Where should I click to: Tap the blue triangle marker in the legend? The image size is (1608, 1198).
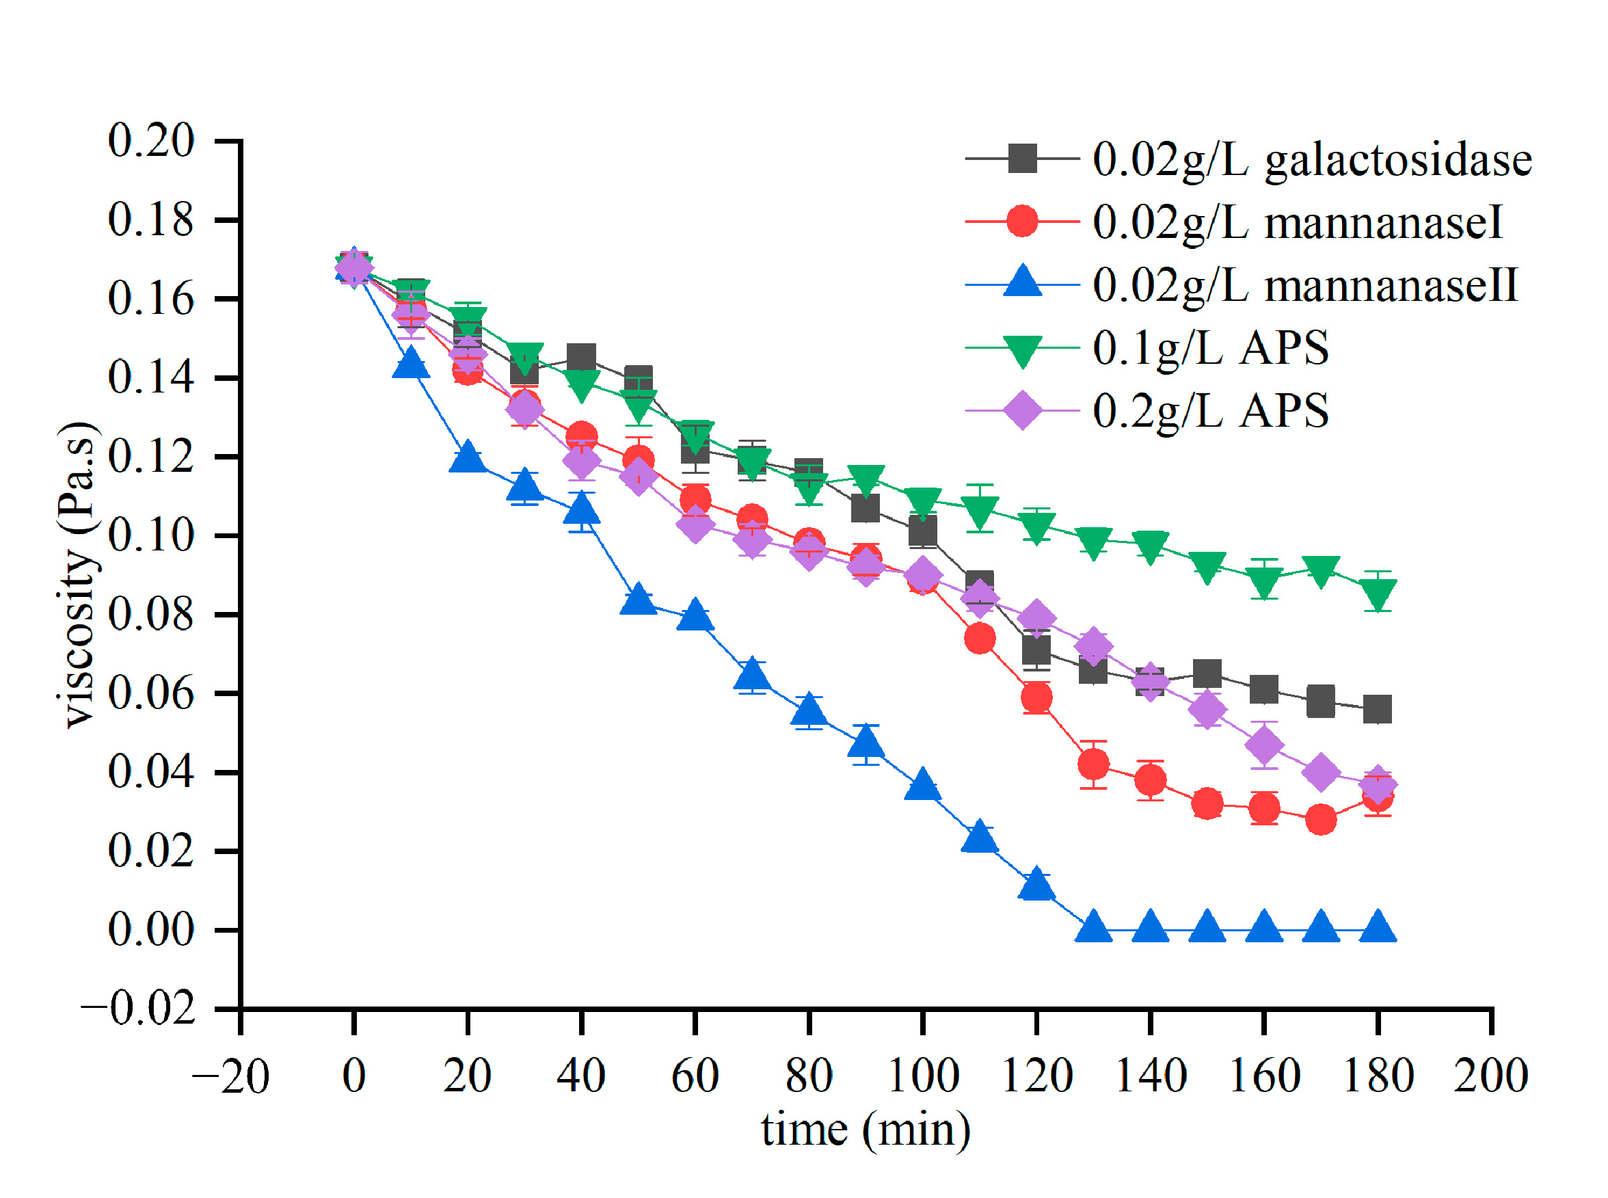click(x=1022, y=283)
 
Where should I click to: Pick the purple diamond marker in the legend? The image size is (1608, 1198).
click(x=1022, y=410)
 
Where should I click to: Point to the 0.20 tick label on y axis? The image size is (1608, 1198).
click(x=151, y=140)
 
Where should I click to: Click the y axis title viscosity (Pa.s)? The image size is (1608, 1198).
click(x=77, y=574)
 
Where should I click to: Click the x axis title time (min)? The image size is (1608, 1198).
click(x=865, y=1130)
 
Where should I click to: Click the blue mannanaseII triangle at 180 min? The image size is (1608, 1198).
click(x=1377, y=927)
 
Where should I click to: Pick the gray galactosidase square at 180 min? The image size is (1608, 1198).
click(x=1377, y=709)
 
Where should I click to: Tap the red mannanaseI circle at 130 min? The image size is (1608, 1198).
click(x=1093, y=764)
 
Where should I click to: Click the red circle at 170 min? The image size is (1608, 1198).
click(x=1320, y=819)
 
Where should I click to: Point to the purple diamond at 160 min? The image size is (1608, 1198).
click(x=1263, y=745)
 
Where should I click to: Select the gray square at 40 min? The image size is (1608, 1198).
click(x=581, y=358)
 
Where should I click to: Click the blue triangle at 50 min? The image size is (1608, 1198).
click(x=638, y=599)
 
